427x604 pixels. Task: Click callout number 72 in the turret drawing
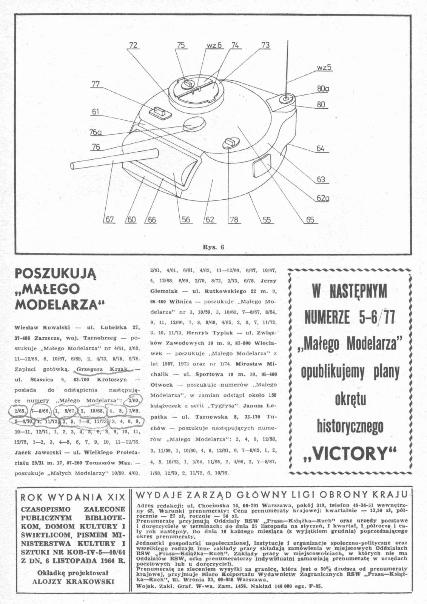tap(133, 45)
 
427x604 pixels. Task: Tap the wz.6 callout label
tap(214, 45)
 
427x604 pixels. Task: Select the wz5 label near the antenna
tap(324, 68)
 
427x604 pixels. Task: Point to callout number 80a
tap(323, 89)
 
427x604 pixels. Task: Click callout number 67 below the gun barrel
tap(109, 220)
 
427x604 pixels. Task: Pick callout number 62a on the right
tap(323, 198)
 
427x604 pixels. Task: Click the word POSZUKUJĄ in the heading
tap(55, 274)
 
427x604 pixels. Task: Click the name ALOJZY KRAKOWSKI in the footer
tap(73, 581)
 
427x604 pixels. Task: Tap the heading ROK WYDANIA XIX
tap(72, 498)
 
